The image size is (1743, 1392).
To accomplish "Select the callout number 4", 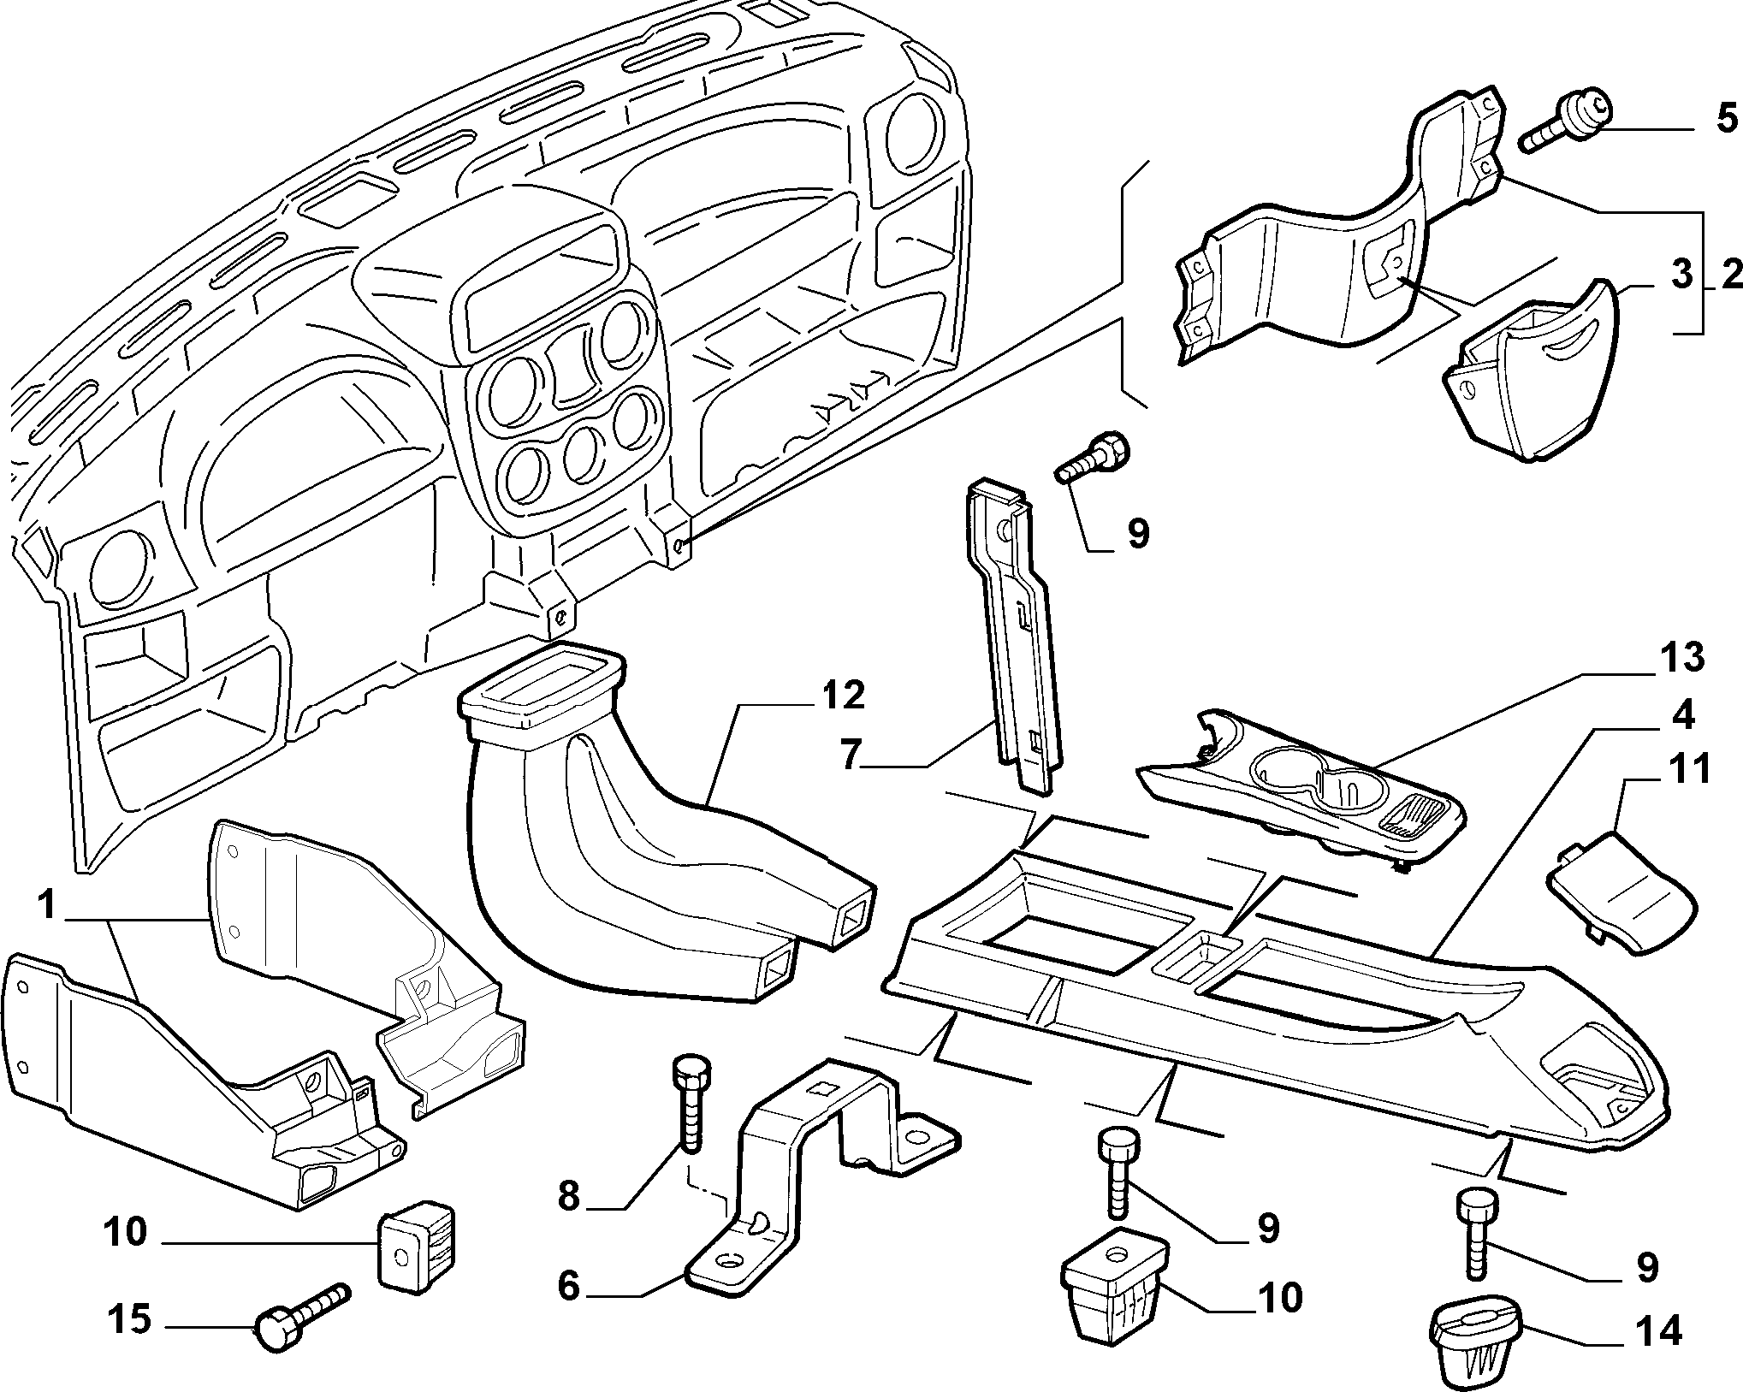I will (x=1682, y=715).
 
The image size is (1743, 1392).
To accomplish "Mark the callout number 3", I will (x=1681, y=275).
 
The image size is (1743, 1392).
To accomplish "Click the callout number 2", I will (x=1730, y=275).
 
